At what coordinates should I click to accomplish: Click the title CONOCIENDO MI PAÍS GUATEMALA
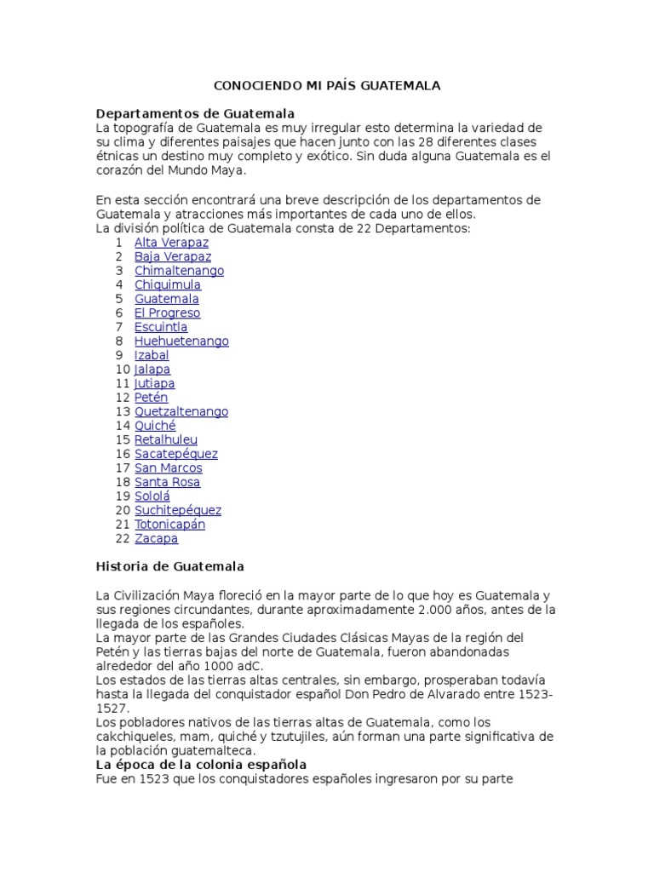pyautogui.click(x=326, y=86)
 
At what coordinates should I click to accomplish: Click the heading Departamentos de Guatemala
pyautogui.click(x=195, y=113)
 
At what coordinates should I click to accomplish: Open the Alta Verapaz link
pyautogui.click(x=171, y=243)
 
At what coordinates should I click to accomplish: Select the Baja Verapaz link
pyautogui.click(x=173, y=256)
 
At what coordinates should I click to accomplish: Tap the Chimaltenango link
pyautogui.click(x=179, y=271)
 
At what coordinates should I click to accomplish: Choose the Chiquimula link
pyautogui.click(x=168, y=284)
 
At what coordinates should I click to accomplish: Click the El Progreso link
pyautogui.click(x=167, y=313)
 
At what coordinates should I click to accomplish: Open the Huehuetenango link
pyautogui.click(x=181, y=341)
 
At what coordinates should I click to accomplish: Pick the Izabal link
pyautogui.click(x=152, y=355)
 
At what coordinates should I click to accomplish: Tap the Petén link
pyautogui.click(x=151, y=397)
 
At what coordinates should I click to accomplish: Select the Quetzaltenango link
pyautogui.click(x=181, y=411)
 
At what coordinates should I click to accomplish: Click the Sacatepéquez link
pyautogui.click(x=175, y=454)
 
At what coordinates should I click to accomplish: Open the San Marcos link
pyautogui.click(x=168, y=468)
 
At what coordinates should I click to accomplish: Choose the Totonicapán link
pyautogui.click(x=169, y=524)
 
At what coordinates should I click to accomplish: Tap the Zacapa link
pyautogui.click(x=156, y=538)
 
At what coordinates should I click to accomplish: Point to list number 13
pyautogui.click(x=123, y=411)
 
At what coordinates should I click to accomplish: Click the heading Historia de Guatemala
pyautogui.click(x=170, y=566)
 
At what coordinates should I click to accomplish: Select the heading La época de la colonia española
pyautogui.click(x=201, y=765)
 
